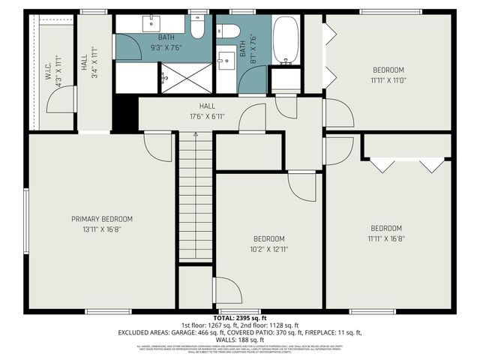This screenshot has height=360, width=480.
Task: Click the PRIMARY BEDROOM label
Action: tap(102, 219)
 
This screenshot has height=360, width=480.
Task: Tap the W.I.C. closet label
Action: tap(46, 72)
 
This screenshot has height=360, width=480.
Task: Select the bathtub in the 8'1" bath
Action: tap(286, 40)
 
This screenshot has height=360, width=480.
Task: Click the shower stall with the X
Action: tap(186, 77)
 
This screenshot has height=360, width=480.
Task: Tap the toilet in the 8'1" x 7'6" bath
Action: tap(229, 31)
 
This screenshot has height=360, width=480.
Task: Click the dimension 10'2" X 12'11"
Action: tap(268, 248)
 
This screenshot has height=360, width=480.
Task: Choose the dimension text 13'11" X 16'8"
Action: tap(102, 229)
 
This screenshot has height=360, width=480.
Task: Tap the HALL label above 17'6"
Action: tap(208, 106)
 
